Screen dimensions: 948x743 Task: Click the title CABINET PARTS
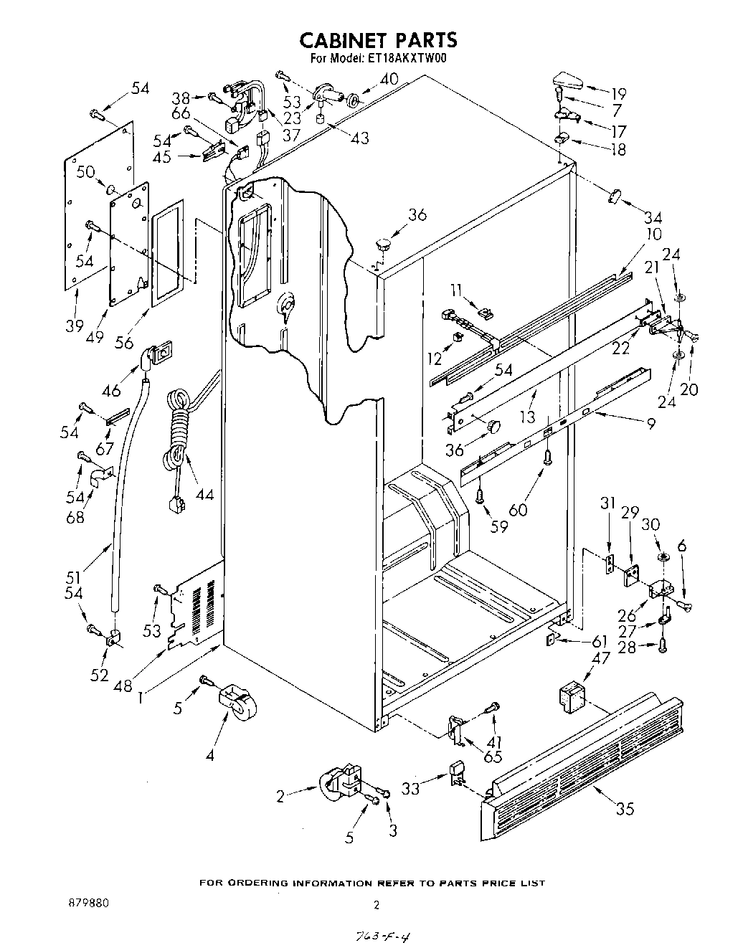point(378,39)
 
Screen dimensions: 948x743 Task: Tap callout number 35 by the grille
point(625,810)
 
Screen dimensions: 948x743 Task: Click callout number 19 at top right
point(617,93)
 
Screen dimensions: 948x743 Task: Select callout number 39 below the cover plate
point(75,326)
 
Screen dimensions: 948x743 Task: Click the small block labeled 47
point(572,696)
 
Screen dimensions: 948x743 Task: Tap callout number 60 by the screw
point(519,509)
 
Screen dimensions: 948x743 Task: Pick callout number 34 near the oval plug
point(653,217)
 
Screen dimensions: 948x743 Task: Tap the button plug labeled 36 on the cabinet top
point(384,242)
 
